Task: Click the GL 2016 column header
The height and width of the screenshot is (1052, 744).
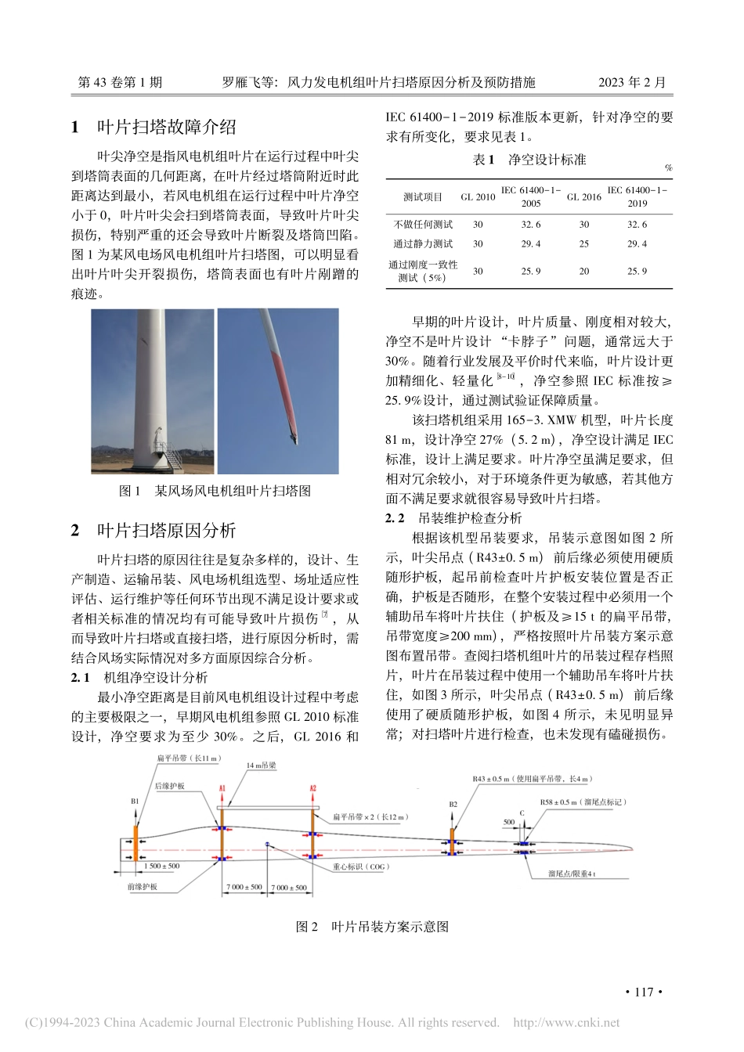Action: tap(583, 197)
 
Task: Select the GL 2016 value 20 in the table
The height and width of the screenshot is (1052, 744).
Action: tap(583, 271)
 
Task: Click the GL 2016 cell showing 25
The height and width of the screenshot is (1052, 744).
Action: tap(583, 243)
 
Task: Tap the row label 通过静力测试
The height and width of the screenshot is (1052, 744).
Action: tap(423, 243)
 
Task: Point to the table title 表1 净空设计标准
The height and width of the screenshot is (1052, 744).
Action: tap(529, 160)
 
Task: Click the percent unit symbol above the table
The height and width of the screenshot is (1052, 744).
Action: tap(668, 168)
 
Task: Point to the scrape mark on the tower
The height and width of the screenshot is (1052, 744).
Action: tap(143, 340)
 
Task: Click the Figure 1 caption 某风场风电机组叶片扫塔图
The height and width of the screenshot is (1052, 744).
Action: tap(215, 491)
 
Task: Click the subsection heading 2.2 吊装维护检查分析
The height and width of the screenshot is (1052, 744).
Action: tap(453, 518)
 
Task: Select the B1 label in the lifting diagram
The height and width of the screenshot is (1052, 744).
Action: tap(135, 802)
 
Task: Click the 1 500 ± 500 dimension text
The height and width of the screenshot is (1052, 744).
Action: tap(161, 866)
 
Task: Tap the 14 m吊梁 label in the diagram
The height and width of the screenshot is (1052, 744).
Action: tap(261, 766)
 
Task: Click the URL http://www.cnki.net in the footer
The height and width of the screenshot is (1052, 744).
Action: tap(565, 1022)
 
